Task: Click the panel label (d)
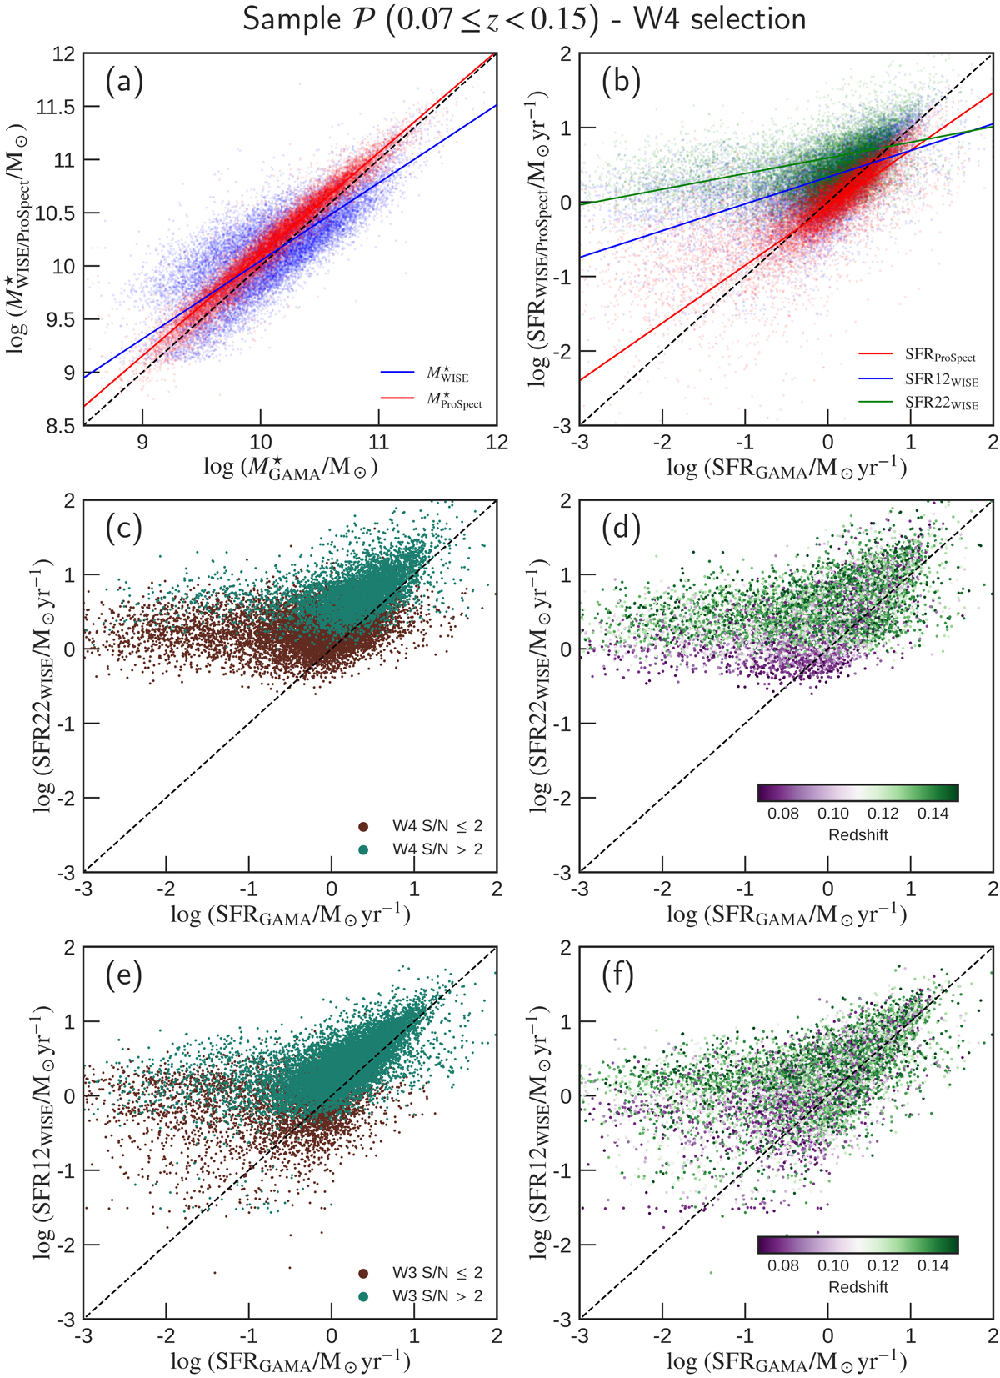tap(621, 528)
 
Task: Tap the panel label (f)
tap(620, 975)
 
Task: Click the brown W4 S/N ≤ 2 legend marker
tap(363, 827)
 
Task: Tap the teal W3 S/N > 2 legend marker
tap(363, 1296)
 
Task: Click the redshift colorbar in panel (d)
tap(857, 792)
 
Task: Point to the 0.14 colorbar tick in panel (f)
tap(932, 1265)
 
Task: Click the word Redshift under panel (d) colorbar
tap(857, 835)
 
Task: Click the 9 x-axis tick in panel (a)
tap(142, 442)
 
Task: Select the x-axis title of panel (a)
tap(290, 468)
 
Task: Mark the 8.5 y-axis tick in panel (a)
tap(62, 426)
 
